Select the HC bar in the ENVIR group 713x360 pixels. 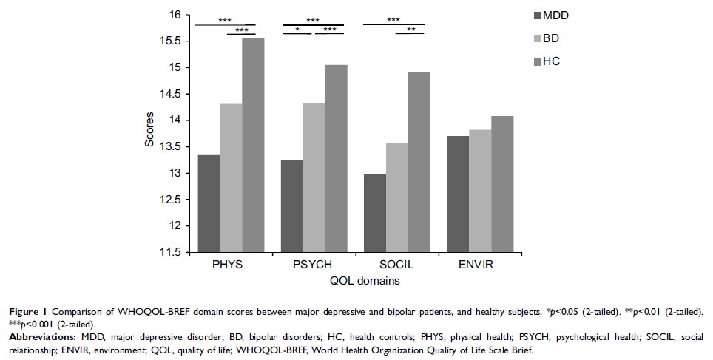[x=502, y=184]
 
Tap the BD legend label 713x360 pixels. [x=551, y=38]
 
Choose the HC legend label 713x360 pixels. [x=551, y=61]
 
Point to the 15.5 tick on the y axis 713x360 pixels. [x=172, y=41]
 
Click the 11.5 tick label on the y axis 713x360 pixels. [x=172, y=252]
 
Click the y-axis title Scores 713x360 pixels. [x=149, y=133]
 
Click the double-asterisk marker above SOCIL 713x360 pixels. [x=410, y=30]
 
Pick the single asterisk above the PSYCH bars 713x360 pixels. [x=297, y=30]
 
